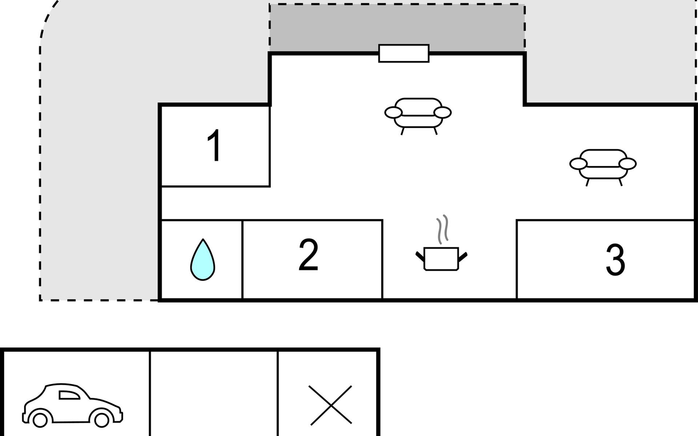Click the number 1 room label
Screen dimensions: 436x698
(x=214, y=146)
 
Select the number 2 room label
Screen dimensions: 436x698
(x=308, y=255)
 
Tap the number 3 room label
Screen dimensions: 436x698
(x=615, y=259)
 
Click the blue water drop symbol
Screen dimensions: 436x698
(x=202, y=261)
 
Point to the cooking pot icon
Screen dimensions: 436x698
(x=441, y=259)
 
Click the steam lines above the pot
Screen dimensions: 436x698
(x=442, y=229)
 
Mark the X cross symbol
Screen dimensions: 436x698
(x=330, y=405)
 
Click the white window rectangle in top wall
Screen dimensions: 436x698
(x=404, y=53)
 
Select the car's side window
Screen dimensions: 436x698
(x=69, y=395)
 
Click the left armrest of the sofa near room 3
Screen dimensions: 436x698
(x=578, y=164)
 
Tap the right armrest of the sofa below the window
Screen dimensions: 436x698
(x=442, y=113)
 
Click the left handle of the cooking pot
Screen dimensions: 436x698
(x=420, y=257)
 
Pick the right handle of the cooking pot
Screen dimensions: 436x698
(x=463, y=257)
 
